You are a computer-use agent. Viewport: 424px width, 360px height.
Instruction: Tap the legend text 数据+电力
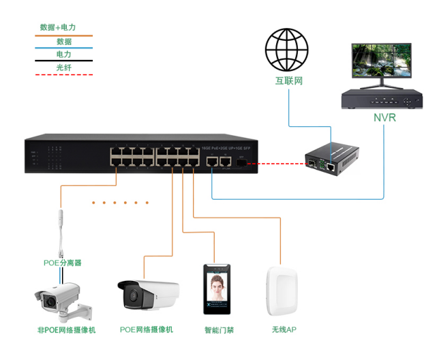click(58, 28)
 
